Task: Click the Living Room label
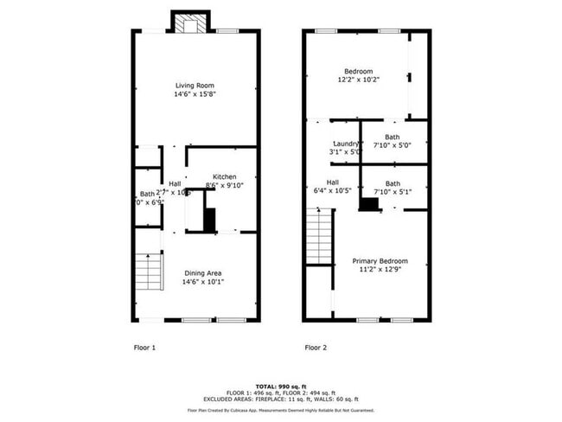[195, 85]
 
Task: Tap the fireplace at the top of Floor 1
[189, 23]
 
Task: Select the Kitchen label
[224, 176]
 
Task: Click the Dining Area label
[202, 273]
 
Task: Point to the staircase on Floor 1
[150, 272]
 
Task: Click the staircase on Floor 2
[320, 238]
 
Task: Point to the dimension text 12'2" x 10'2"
[358, 80]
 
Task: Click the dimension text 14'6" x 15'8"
[195, 94]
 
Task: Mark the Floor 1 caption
[144, 348]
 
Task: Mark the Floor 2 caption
[315, 348]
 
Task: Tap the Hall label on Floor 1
[175, 183]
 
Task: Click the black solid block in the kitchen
[209, 219]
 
